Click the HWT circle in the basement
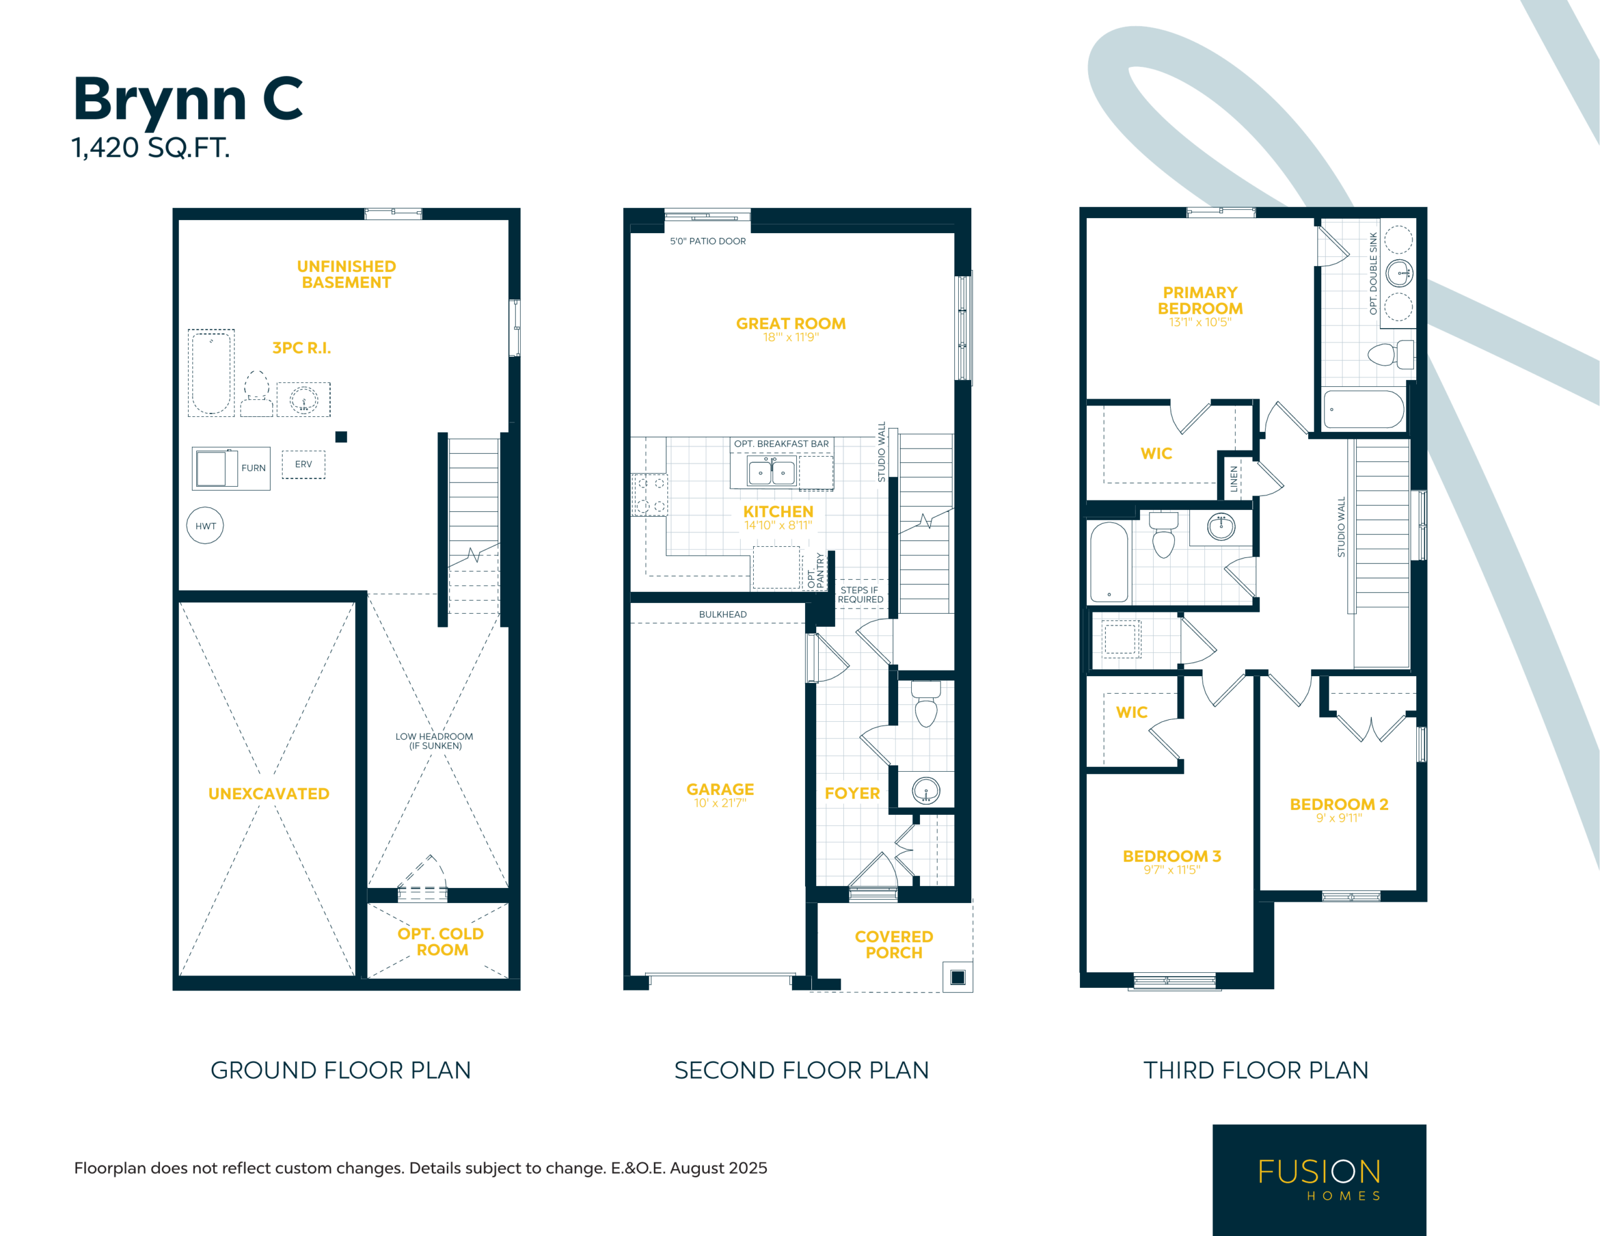(205, 526)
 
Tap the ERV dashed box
(303, 464)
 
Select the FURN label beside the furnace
(254, 468)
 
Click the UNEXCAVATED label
(269, 794)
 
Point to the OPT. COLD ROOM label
(441, 942)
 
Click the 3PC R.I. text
(302, 348)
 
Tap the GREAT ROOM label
(791, 323)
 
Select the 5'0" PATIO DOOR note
(707, 241)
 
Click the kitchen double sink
(771, 472)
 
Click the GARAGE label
(720, 789)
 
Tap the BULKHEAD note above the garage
(723, 615)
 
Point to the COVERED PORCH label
(894, 944)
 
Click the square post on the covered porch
(957, 977)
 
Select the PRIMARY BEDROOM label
(1200, 301)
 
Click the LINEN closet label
(1234, 479)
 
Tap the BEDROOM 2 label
(1339, 804)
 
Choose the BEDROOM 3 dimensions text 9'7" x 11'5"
(1172, 870)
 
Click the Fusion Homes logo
(1319, 1180)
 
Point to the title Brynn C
(188, 101)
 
